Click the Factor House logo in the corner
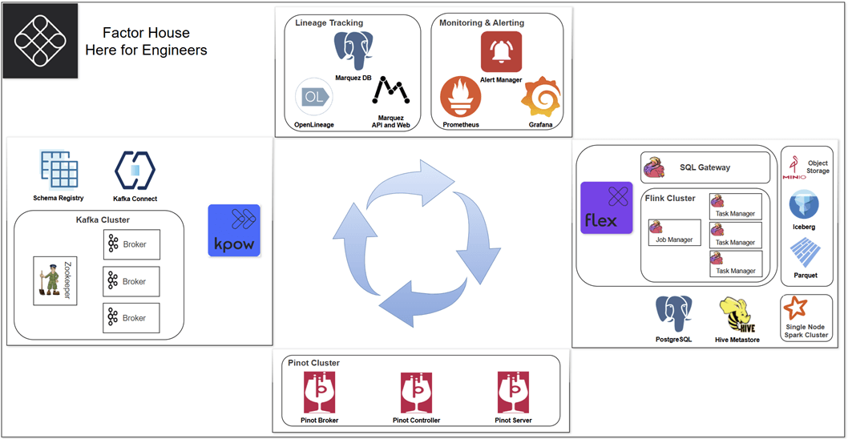tap(41, 40)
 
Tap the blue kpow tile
tap(234, 230)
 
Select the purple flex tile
tap(607, 207)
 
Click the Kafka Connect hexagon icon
tap(135, 171)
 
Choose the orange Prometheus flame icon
tap(461, 98)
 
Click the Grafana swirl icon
tap(539, 99)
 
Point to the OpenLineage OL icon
tap(313, 98)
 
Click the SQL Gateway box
tap(705, 167)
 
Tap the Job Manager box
tap(674, 232)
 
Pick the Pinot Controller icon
tap(416, 393)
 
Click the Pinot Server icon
tap(513, 393)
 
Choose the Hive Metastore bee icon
tap(737, 315)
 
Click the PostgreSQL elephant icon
tap(673, 314)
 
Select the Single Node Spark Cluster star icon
tap(796, 308)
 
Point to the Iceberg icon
tap(803, 204)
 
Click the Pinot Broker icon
tap(320, 393)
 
